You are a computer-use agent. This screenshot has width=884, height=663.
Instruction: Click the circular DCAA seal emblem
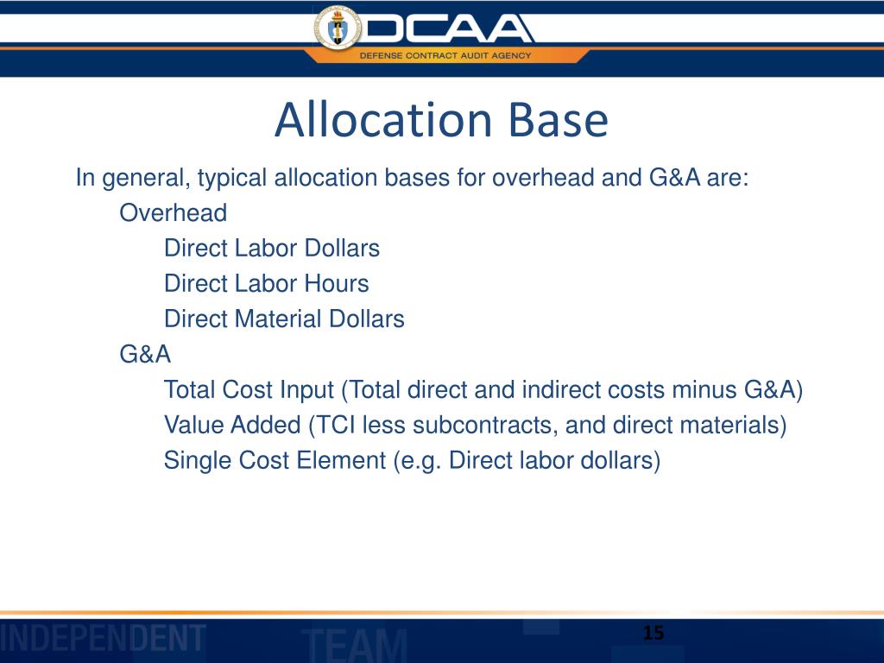pos(338,29)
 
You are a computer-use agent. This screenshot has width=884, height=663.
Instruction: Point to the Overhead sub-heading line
pos(173,213)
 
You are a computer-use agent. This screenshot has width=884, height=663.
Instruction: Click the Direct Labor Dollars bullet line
pos(272,249)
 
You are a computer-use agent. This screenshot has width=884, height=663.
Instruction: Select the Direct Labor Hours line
pos(266,284)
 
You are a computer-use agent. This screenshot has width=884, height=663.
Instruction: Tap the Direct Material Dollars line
pos(284,319)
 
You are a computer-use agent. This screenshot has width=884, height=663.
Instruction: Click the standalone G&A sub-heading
pos(145,355)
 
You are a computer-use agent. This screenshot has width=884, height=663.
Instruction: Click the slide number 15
pos(654,635)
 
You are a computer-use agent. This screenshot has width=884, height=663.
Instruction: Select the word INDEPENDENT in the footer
pos(103,639)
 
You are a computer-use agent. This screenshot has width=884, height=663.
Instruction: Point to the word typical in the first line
pos(232,179)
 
